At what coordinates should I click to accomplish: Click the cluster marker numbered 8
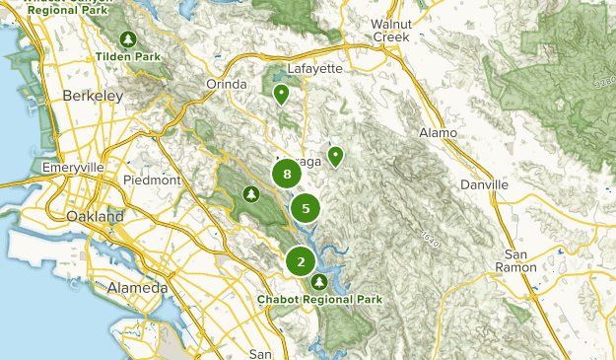point(287,175)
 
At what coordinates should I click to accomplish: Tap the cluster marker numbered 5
point(307,208)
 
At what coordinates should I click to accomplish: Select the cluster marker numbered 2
point(301,262)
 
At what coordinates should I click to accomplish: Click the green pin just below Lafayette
point(281,95)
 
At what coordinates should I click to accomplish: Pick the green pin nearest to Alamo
point(335,156)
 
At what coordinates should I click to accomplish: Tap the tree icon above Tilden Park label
point(128,39)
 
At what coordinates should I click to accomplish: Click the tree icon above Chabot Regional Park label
point(318,283)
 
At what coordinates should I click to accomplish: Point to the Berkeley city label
point(92,96)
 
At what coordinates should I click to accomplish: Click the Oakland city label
point(96,216)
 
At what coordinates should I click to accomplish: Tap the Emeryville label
point(72,169)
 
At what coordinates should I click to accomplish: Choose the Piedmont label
point(153,180)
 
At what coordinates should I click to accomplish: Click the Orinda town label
point(226,85)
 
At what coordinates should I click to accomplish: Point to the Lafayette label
point(314,68)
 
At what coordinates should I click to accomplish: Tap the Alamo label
point(438,132)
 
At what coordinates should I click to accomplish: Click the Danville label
point(485,184)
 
